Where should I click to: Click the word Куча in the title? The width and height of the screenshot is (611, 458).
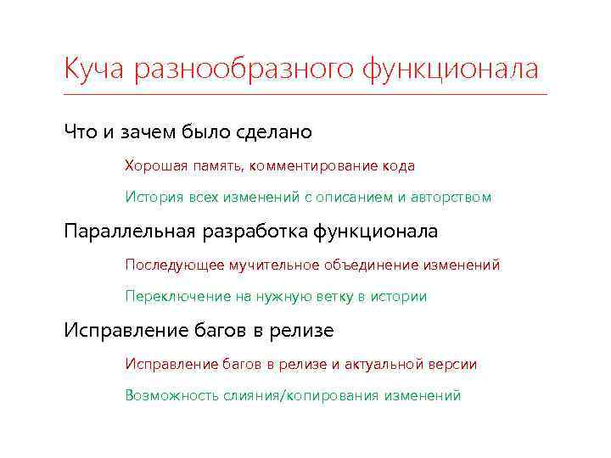pyautogui.click(x=92, y=68)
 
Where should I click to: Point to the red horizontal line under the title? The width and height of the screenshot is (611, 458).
pyautogui.click(x=305, y=93)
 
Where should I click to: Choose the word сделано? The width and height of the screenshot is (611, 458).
pyautogui.click(x=277, y=132)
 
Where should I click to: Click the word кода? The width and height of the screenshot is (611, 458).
pyautogui.click(x=397, y=165)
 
